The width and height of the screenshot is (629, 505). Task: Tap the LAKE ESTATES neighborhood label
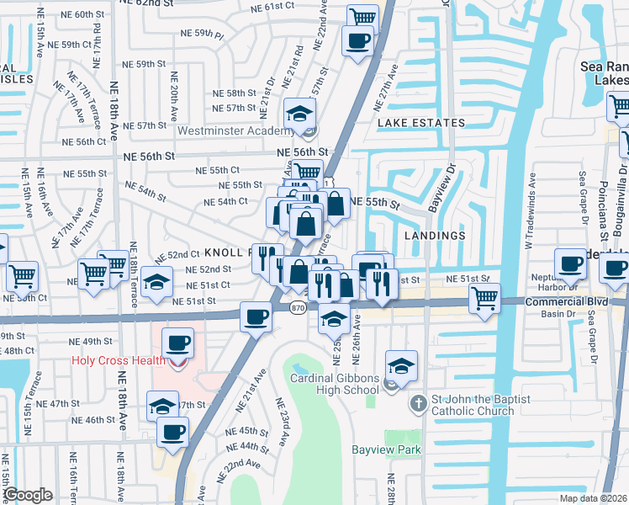[421, 123]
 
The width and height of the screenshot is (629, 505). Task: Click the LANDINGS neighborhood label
[434, 237]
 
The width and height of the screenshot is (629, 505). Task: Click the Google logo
[28, 495]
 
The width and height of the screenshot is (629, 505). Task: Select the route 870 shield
[298, 308]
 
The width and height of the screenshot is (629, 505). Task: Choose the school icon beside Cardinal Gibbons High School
[401, 365]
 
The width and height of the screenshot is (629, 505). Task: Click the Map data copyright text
[594, 498]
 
